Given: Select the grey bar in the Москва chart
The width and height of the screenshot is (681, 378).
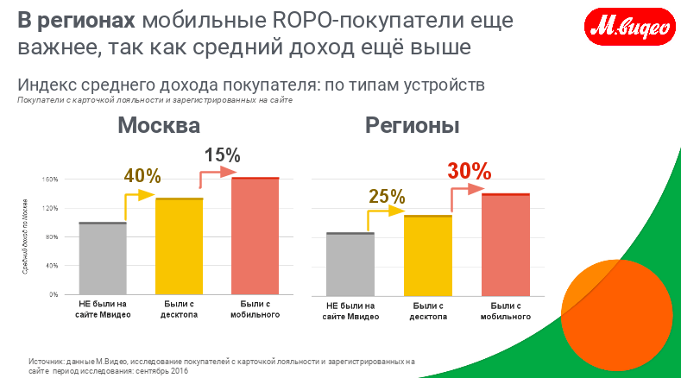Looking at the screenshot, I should click(x=103, y=259).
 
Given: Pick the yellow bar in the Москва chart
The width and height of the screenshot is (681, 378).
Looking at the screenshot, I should click(x=179, y=247).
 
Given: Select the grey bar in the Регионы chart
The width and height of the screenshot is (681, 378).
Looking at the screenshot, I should click(x=350, y=264).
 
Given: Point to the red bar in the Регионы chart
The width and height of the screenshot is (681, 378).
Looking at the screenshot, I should click(x=505, y=244).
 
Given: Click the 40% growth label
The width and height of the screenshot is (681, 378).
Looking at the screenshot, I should click(x=143, y=175).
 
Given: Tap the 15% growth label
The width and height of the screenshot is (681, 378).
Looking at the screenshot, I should click(x=222, y=155).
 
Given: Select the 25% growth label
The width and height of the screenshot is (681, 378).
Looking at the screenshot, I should click(x=386, y=196).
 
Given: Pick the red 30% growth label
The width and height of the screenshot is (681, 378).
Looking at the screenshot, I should click(x=469, y=171).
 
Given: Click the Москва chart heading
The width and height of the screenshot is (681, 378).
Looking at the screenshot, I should click(x=159, y=126).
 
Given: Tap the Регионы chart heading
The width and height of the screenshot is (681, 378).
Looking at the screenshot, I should click(x=412, y=126).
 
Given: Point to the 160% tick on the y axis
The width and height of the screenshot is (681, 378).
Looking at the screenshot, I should click(x=49, y=180).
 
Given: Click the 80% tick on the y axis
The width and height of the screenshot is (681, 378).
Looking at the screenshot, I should click(x=51, y=236).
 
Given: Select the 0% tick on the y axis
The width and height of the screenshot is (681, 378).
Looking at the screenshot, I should click(x=54, y=294).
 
